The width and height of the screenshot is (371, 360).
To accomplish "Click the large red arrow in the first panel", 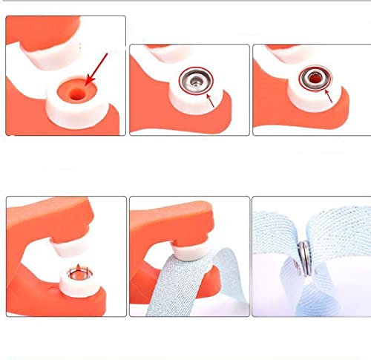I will (99, 65).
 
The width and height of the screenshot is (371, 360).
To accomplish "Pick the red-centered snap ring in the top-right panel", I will (313, 79).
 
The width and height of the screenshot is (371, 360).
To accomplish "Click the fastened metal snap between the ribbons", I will (304, 258).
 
